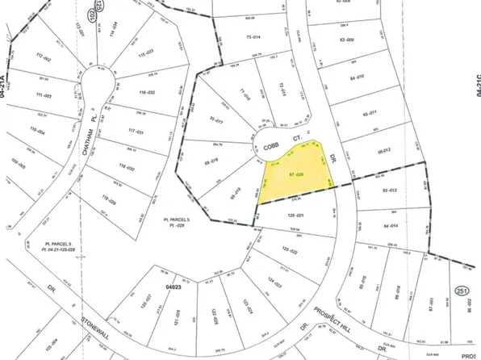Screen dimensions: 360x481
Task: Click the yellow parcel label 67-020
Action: point(297,174)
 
